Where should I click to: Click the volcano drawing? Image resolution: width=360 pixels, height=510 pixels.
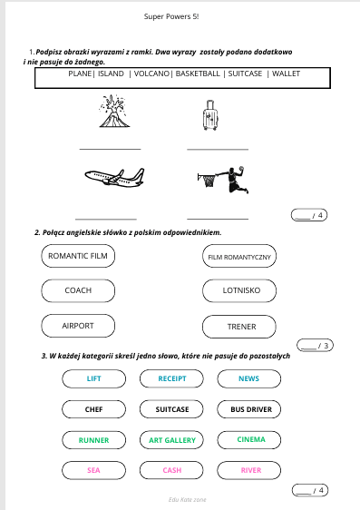(114, 111)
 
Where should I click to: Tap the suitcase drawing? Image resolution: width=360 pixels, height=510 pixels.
(210, 115)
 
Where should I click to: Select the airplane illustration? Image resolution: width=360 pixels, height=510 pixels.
(114, 178)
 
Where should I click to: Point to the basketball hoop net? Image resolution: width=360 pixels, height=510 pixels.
(208, 181)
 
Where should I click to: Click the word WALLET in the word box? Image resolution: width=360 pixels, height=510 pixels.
(286, 74)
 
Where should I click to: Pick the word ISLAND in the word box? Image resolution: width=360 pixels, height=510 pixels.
(111, 74)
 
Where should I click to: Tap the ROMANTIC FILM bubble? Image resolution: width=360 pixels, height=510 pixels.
(78, 256)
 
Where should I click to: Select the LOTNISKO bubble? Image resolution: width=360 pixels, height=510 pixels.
(239, 290)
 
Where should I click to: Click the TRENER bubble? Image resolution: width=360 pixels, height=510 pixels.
(239, 327)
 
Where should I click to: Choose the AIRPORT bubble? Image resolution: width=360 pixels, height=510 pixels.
(78, 326)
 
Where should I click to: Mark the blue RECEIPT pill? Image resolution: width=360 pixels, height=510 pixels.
(171, 378)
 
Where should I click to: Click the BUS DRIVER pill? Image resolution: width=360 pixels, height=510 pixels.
(249, 409)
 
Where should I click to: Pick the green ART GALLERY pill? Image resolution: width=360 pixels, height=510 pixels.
(171, 440)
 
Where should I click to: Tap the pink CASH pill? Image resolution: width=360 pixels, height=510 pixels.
(171, 470)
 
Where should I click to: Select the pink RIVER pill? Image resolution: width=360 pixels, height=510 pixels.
(249, 470)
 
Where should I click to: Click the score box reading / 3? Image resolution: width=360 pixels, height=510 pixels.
(315, 346)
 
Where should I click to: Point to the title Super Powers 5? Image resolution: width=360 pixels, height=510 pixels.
(171, 16)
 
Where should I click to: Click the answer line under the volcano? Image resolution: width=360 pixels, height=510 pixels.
(110, 150)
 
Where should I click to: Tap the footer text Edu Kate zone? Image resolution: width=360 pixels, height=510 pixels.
(187, 499)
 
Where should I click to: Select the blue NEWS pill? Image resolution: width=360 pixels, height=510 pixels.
(249, 378)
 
